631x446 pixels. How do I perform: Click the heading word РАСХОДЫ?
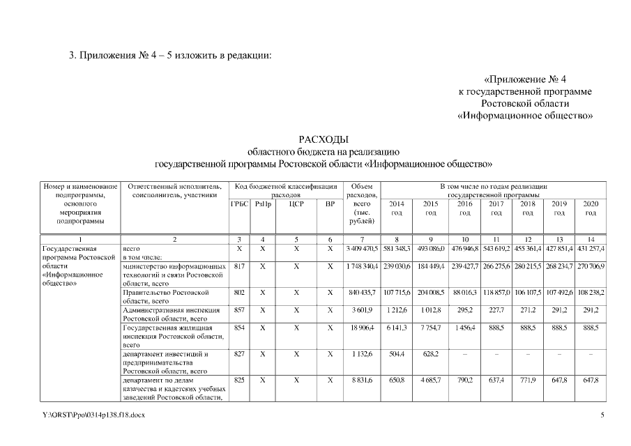(x=323, y=139)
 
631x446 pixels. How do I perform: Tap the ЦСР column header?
(x=296, y=203)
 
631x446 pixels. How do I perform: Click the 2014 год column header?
(x=396, y=208)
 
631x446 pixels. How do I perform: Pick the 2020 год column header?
(x=591, y=208)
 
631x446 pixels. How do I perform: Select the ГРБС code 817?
(x=239, y=266)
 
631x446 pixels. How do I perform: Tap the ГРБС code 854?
(x=239, y=327)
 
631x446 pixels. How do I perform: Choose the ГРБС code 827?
(x=239, y=354)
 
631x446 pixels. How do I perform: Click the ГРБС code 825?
(x=239, y=380)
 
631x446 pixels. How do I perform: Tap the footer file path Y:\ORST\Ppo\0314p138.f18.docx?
(x=94, y=415)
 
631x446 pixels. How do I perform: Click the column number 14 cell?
(x=591, y=239)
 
